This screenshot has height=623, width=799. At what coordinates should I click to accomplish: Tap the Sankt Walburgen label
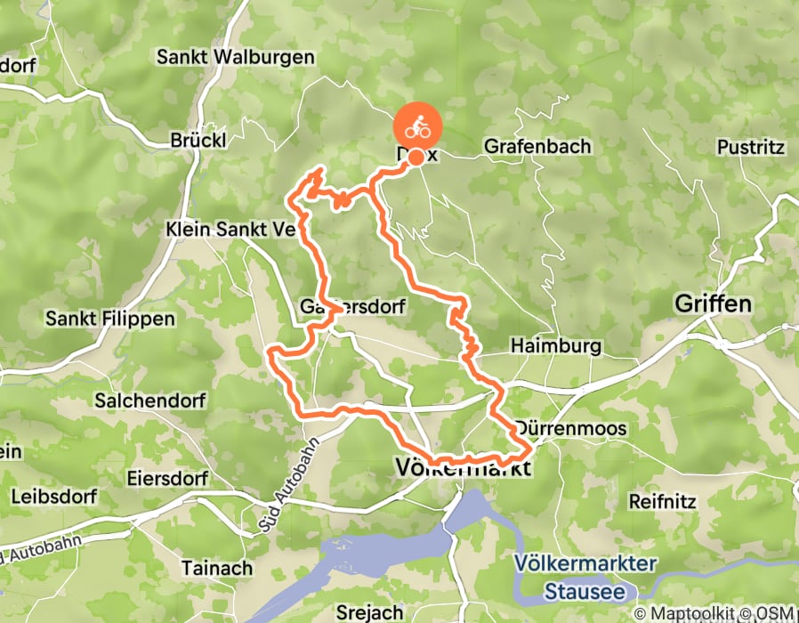pos(235,57)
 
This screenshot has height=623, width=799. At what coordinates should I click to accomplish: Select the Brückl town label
pos(198,141)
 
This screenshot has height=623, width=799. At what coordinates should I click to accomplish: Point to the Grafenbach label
pos(537,146)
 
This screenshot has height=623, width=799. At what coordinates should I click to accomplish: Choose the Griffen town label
pos(713,304)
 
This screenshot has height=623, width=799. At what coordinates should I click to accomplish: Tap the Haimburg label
pos(557,346)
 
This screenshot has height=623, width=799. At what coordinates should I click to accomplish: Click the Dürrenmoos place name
pos(571,429)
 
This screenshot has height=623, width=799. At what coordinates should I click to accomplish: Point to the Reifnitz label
pos(662,501)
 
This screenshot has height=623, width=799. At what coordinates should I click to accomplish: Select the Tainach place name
pos(216,567)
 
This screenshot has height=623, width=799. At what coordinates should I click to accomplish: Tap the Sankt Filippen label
pos(110,318)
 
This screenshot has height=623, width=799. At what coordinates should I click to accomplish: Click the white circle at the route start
pos(416,156)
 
